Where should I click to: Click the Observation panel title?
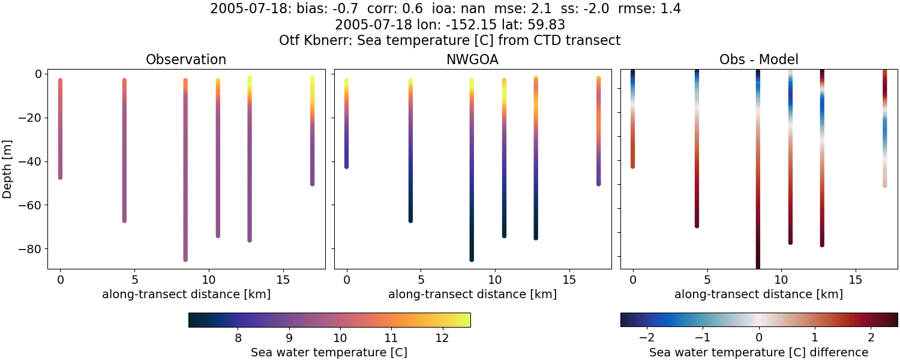point(186,60)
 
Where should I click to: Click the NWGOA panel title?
point(472,60)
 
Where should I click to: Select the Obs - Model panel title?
point(758,60)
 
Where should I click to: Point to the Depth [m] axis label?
point(8,170)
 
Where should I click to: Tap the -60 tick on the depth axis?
point(31,205)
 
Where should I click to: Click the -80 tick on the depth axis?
point(31,249)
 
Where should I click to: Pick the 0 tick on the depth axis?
point(37,74)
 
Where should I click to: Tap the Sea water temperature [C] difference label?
point(759,353)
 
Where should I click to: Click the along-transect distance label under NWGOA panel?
point(472,295)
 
